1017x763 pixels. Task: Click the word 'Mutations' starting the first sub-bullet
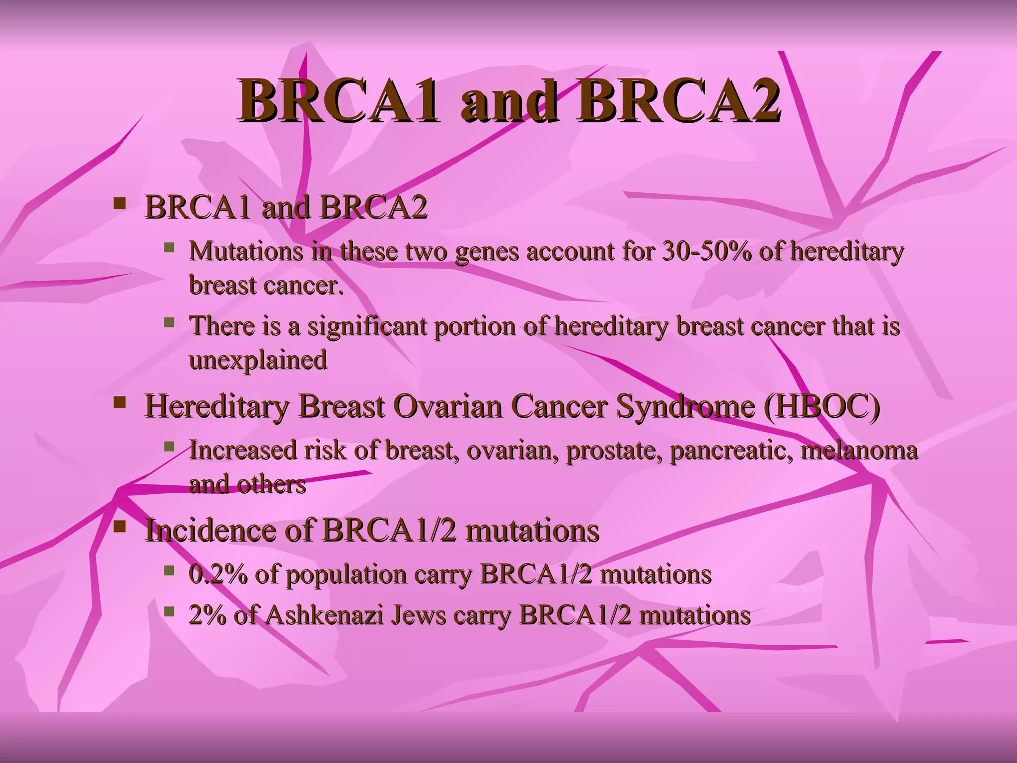[246, 251]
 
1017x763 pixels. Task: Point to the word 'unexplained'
[258, 360]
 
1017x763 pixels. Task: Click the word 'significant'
[367, 327]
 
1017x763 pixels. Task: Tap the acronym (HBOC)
[821, 406]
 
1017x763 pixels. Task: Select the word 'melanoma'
[859, 451]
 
